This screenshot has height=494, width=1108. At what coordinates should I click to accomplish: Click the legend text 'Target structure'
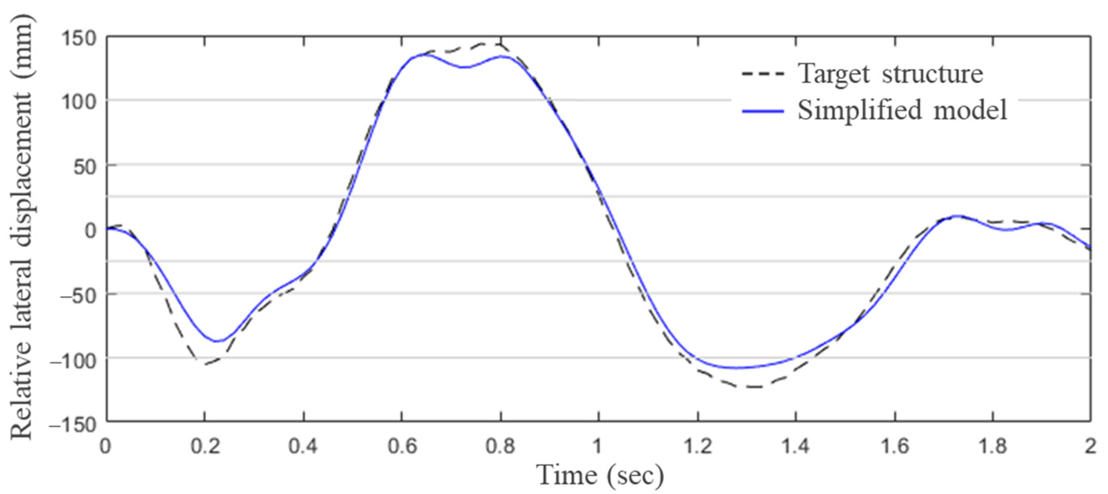coord(890,74)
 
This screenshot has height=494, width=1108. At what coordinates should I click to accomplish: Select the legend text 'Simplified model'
coord(902,110)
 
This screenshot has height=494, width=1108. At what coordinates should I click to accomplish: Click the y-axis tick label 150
coord(79,38)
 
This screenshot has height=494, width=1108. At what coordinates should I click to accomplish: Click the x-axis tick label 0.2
coord(205,446)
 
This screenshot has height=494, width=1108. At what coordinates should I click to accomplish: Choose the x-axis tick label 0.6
coord(402,446)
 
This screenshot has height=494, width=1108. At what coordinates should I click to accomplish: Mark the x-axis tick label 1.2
coord(698,446)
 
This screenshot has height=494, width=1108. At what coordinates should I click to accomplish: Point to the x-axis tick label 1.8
coord(993,446)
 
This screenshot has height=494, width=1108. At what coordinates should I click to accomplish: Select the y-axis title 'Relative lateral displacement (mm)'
coord(22,228)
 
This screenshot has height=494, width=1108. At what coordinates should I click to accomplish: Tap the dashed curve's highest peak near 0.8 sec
coord(495,44)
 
